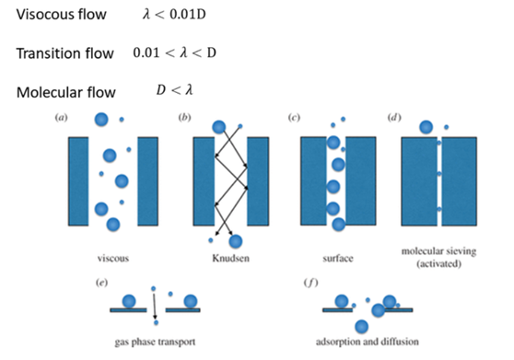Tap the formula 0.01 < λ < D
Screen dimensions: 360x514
click(184, 53)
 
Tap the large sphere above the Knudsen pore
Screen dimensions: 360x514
click(219, 127)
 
